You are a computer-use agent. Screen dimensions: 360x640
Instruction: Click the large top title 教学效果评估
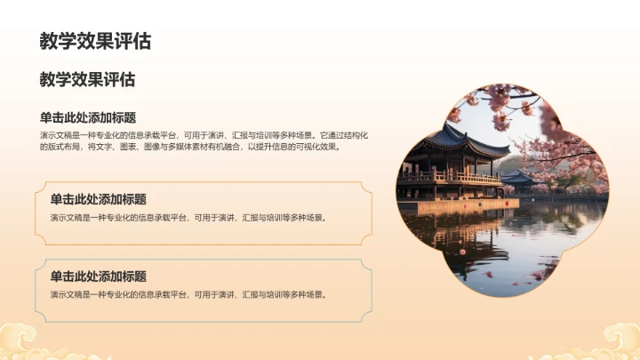pos(95,41)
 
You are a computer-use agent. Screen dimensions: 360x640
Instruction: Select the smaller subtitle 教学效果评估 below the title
pos(87,80)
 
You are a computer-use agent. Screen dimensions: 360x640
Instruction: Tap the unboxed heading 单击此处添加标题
pos(88,117)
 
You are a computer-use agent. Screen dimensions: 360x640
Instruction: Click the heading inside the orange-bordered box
pos(98,200)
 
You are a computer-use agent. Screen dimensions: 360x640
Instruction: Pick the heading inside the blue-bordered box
pos(98,276)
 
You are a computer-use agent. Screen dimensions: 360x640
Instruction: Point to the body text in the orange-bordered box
pos(188,217)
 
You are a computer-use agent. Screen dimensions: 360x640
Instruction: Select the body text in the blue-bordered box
pos(188,293)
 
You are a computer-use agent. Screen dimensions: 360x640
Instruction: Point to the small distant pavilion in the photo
pos(519,178)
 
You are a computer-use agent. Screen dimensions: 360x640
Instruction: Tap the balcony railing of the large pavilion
pos(449,178)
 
